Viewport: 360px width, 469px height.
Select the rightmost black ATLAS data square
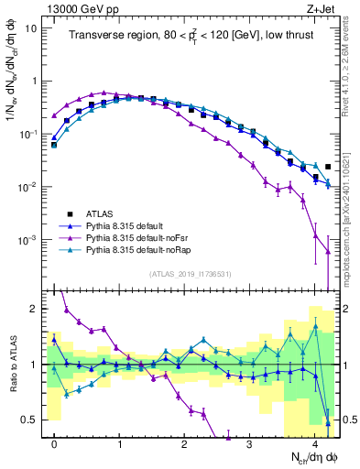(328, 167)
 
